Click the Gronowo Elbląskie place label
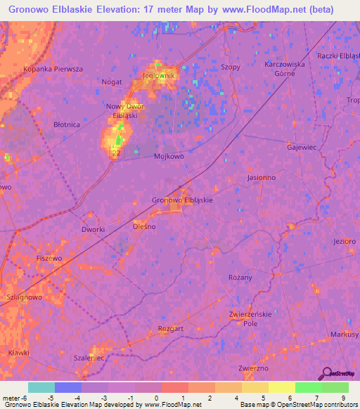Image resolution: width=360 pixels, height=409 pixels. [x=182, y=200]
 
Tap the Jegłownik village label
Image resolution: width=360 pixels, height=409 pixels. [x=158, y=75]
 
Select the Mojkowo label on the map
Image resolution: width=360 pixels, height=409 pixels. [x=169, y=157]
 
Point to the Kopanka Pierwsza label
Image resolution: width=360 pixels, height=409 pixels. [x=53, y=69]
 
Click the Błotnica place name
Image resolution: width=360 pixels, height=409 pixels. [x=67, y=124]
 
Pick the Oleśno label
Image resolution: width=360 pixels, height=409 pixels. [x=144, y=227]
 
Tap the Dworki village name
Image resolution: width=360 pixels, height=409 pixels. [x=93, y=230]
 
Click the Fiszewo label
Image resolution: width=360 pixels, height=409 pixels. [x=50, y=258]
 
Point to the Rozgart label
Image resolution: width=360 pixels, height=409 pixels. [x=171, y=328]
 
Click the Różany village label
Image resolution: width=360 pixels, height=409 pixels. [x=240, y=278]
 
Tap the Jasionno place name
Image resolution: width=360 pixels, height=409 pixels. [x=261, y=178]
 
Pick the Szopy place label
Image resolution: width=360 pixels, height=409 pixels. [x=230, y=67]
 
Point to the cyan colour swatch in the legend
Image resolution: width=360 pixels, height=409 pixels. [x=41, y=387]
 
